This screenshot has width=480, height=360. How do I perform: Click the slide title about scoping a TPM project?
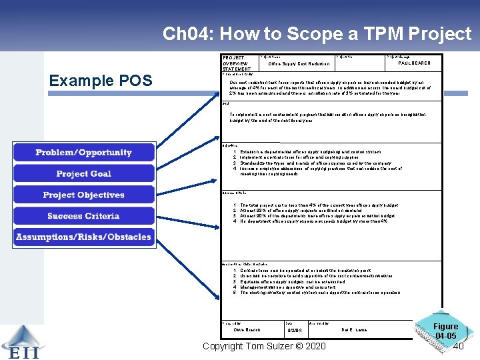pyautogui.click(x=317, y=33)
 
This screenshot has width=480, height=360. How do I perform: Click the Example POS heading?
pyautogui.click(x=101, y=81)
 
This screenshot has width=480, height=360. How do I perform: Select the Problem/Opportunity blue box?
pyautogui.click(x=83, y=153)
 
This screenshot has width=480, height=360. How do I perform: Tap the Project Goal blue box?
pyautogui.click(x=83, y=174)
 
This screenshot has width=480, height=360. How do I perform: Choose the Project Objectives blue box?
pyautogui.click(x=83, y=195)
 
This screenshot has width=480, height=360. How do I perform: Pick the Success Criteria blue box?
pyautogui.click(x=83, y=216)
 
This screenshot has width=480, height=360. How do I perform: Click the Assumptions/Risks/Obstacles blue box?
pyautogui.click(x=83, y=237)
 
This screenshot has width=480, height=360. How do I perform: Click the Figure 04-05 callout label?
pyautogui.click(x=445, y=331)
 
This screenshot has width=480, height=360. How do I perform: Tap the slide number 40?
pyautogui.click(x=458, y=346)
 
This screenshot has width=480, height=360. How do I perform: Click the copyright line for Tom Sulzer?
pyautogui.click(x=264, y=346)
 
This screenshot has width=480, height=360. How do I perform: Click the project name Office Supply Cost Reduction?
pyautogui.click(x=299, y=64)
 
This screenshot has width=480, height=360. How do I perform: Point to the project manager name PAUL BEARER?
pyautogui.click(x=414, y=63)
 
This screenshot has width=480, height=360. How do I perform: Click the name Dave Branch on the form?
pyautogui.click(x=247, y=330)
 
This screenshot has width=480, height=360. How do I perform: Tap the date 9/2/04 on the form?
pyautogui.click(x=294, y=331)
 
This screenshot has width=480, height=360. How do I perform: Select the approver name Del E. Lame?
pyautogui.click(x=354, y=330)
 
